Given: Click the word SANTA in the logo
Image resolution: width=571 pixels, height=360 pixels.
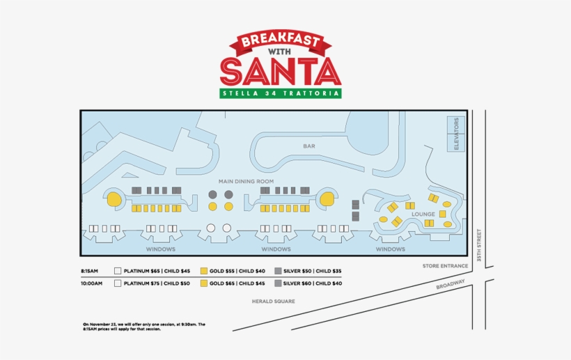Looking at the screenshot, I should [280, 71].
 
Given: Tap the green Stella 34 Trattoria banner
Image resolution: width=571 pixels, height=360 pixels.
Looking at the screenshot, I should [280, 93].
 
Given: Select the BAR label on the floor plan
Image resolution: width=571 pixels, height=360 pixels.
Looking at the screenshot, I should [309, 146].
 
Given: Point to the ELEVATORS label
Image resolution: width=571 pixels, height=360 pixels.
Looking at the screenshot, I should [457, 134].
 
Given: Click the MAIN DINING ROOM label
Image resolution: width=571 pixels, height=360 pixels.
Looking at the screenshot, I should [246, 181].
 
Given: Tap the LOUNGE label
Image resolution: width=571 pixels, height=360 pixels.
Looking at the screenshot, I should [423, 214].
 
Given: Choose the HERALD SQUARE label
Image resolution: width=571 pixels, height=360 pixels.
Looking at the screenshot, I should [274, 302].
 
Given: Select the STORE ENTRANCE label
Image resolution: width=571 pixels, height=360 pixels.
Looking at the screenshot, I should [445, 265].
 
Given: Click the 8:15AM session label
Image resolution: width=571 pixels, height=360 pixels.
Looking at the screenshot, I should [91, 270].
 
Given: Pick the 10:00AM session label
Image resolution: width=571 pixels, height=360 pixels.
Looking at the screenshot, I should [91, 283].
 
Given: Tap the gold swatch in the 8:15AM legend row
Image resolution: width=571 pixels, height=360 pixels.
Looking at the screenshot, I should [204, 270].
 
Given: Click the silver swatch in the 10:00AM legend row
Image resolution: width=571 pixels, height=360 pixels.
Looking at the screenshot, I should [278, 283].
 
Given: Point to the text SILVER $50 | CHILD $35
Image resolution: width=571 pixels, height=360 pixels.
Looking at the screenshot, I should [313, 270].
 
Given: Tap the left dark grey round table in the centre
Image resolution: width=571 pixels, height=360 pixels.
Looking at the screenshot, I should [212, 194].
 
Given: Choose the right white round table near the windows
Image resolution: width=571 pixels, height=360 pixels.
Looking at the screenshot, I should [226, 228].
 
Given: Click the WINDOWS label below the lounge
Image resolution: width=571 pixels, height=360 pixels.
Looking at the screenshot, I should [390, 249].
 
